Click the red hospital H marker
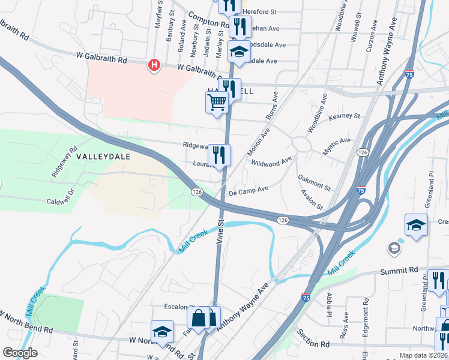point(154,65)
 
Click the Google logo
point(20,353)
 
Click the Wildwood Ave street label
point(271,162)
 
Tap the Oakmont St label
point(314,183)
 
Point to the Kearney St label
point(344,115)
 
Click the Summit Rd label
point(399,272)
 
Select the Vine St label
point(220,231)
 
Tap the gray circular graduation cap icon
point(394,248)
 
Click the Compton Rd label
point(208,20)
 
